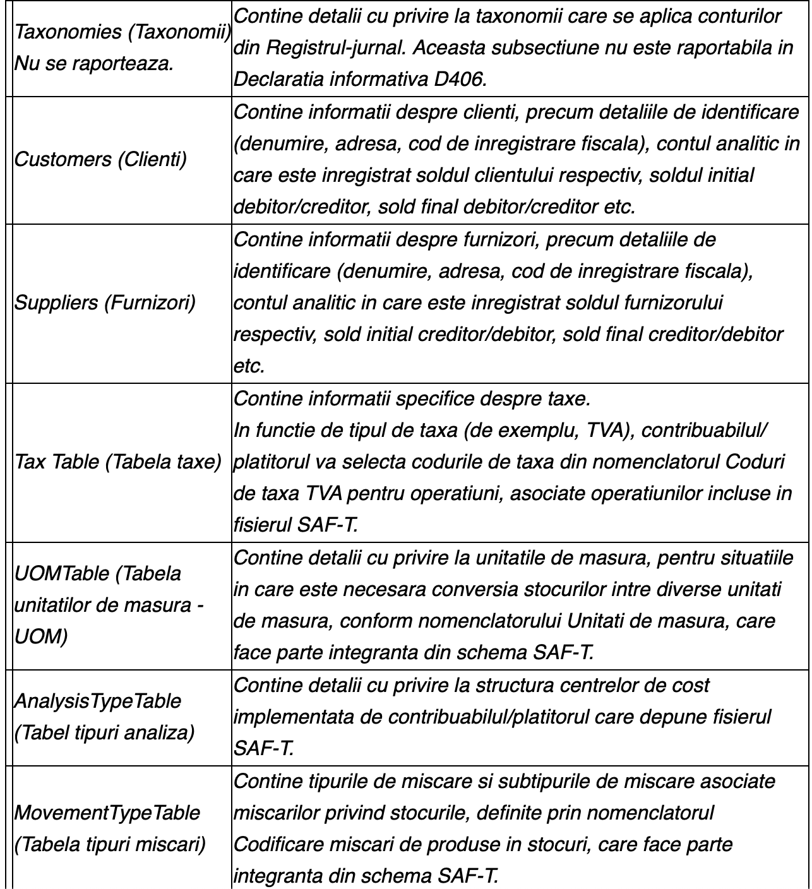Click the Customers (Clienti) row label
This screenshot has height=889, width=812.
tap(100, 159)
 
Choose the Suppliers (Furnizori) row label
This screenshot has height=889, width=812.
tap(105, 303)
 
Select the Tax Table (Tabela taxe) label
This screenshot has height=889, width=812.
tap(118, 462)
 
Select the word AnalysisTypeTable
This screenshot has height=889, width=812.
tap(98, 701)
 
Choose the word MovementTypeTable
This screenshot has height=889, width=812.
tap(107, 813)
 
